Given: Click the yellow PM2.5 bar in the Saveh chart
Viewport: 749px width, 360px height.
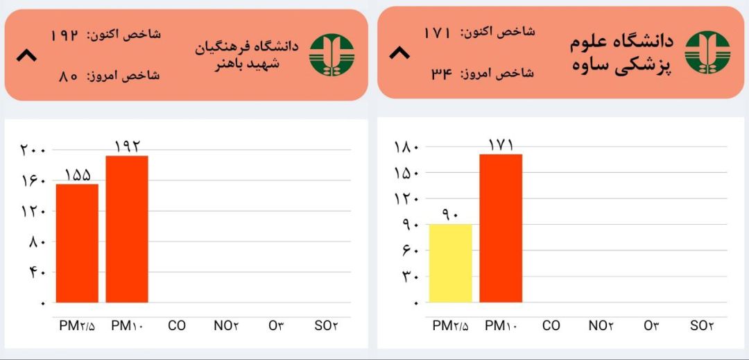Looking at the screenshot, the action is coord(451,263).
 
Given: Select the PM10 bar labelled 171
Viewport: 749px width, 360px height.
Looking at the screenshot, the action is coord(501,228).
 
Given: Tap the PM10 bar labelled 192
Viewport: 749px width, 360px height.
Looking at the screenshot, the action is coord(127,229).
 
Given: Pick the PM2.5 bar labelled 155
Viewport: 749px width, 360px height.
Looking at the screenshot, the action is coord(77,243).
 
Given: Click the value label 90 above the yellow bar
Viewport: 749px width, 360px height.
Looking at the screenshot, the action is coord(451,214).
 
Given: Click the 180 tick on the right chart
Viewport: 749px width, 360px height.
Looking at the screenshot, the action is coord(406,146).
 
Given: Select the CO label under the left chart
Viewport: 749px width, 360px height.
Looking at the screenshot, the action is coord(176,326).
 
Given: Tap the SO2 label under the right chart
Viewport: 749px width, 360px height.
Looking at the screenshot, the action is coord(702,326).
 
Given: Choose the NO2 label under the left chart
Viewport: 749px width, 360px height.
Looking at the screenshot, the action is coord(226,326).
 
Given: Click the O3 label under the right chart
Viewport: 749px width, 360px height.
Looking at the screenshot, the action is coord(651,326).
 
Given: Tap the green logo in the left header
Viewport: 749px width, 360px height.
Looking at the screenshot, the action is coord(332,55).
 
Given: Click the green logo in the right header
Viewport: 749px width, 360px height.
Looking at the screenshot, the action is coord(707,53).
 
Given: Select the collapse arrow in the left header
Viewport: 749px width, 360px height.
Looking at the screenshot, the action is coord(26,56).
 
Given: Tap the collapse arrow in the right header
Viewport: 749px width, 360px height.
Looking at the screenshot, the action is coord(399,53).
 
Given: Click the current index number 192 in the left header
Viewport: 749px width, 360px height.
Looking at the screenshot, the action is coord(64,35).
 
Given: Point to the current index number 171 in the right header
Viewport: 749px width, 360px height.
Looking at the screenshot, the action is coord(438,33).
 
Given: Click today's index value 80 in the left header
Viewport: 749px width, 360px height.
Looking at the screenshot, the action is coord(68,76).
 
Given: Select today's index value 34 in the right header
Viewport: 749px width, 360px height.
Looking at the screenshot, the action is coord(441,74).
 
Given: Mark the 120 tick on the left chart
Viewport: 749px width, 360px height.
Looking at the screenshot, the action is coord(33,211).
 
